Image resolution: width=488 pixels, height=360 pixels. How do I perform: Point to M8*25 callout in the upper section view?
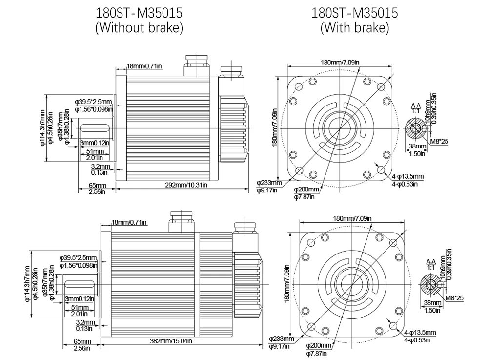coord(440,142)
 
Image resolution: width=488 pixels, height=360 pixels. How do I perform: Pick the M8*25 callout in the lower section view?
coord(454,297)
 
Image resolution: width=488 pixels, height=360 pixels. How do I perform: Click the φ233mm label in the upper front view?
coord(269,183)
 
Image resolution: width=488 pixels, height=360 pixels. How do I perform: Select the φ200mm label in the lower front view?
coord(319,345)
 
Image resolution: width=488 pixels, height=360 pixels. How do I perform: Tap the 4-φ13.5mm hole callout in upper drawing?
coord(407,176)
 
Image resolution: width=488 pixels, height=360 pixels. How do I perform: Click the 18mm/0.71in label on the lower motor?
coord(129,222)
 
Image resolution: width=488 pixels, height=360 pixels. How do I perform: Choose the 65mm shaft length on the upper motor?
coord(98,185)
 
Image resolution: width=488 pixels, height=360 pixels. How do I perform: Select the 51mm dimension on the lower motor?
coord(80,307)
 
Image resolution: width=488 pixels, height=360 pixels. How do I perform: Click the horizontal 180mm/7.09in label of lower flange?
coord(352,218)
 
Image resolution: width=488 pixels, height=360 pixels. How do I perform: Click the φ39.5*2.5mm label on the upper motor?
coord(93,102)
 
